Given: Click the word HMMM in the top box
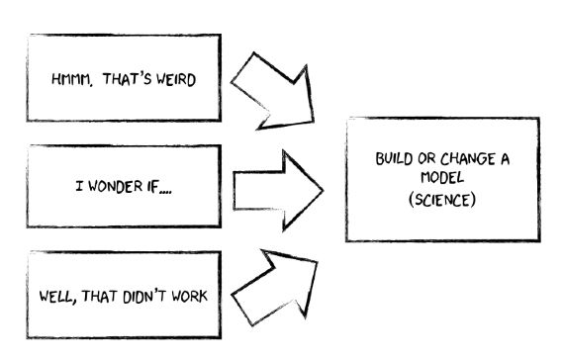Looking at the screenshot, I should [x=70, y=80].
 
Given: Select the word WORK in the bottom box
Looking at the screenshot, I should [x=190, y=295].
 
